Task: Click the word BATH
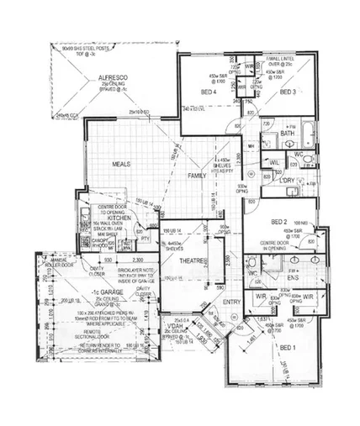(287, 134)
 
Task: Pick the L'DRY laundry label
(289, 181)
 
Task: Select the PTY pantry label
(145, 239)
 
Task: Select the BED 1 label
(287, 347)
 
